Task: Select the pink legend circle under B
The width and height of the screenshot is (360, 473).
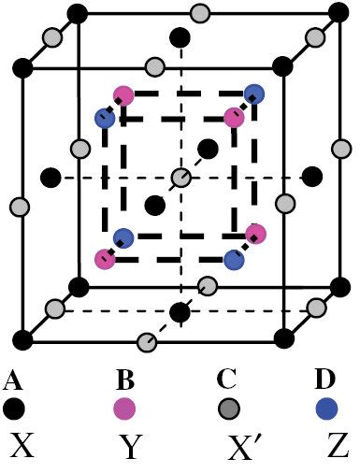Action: click(124, 408)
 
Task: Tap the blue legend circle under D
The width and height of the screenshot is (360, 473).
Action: click(326, 408)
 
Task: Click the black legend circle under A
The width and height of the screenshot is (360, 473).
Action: click(13, 408)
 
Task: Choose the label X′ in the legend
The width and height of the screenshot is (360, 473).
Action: click(227, 449)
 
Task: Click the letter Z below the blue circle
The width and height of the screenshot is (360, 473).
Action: click(327, 449)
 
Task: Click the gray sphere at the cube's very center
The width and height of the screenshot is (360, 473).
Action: click(180, 178)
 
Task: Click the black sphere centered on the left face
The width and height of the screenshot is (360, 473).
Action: click(51, 177)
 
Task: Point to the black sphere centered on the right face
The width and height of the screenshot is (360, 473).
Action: click(311, 176)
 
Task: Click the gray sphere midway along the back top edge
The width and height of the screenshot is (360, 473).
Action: click(199, 14)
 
